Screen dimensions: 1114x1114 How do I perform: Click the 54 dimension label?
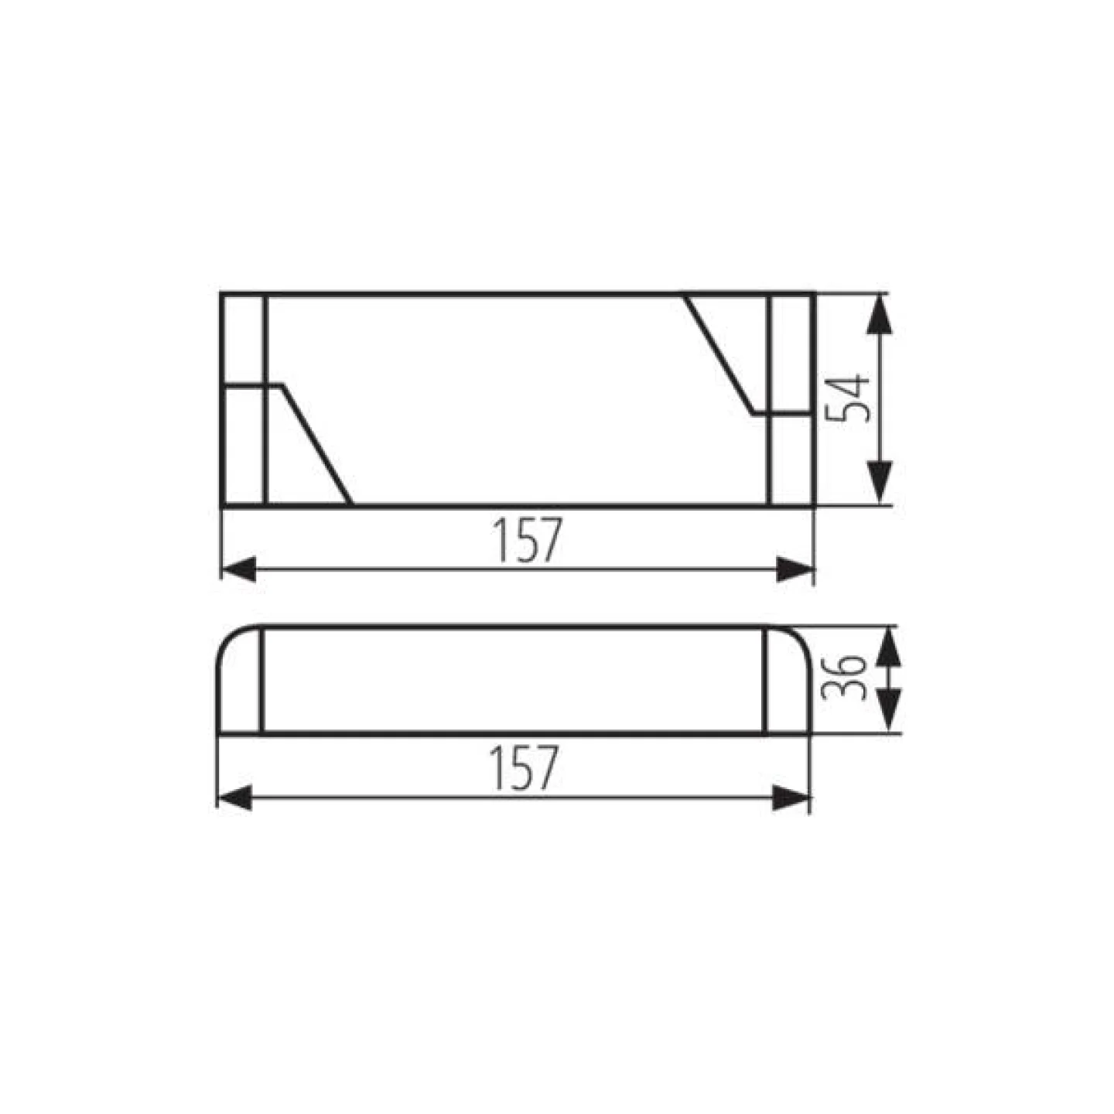pos(848,399)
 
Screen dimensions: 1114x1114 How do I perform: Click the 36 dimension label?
pos(843,677)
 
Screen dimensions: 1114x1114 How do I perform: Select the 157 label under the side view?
pos(523,767)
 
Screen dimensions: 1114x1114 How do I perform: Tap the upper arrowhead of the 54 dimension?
pos(879,314)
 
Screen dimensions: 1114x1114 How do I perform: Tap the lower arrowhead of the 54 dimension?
pos(879,484)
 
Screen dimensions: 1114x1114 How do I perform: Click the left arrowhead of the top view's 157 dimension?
pos(239,569)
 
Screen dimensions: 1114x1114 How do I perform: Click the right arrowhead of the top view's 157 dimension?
pos(795,569)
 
